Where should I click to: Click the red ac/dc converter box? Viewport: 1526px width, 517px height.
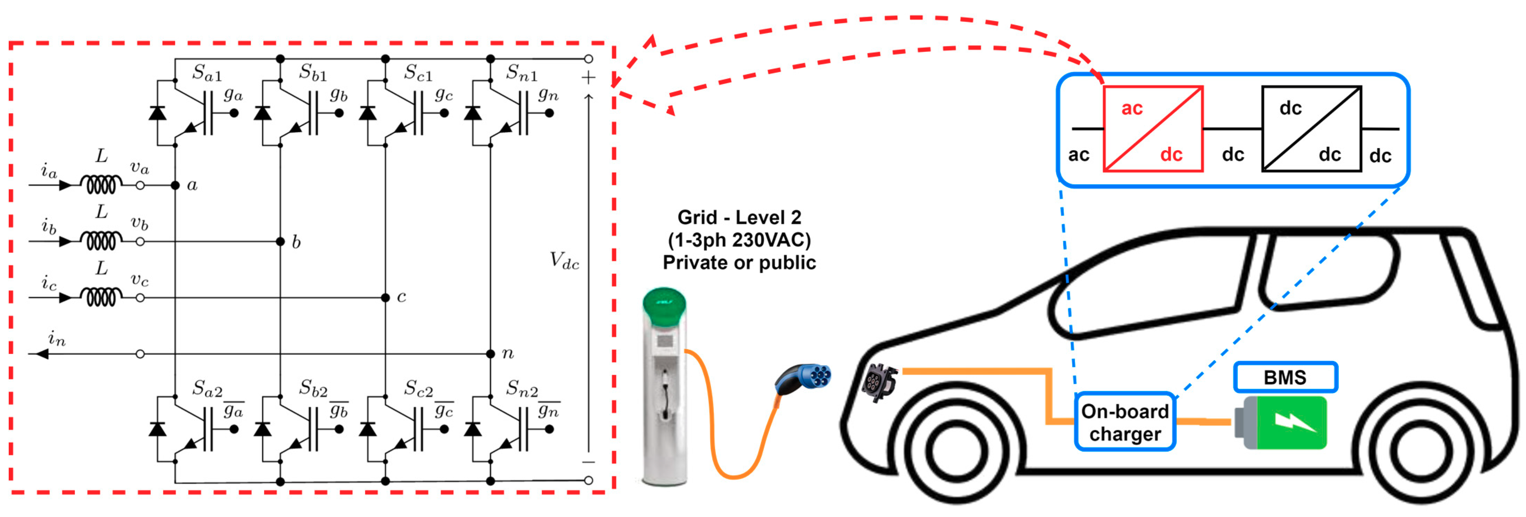coord(1152,129)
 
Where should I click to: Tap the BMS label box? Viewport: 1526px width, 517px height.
coord(1285,377)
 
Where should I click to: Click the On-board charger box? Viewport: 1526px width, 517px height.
coord(1124,422)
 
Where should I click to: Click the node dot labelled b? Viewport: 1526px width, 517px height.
coord(280,241)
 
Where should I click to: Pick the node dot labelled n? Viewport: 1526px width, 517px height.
coord(491,354)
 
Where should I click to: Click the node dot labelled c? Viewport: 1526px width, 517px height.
coord(385,298)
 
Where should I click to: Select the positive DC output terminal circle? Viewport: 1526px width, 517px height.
coord(588,59)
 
